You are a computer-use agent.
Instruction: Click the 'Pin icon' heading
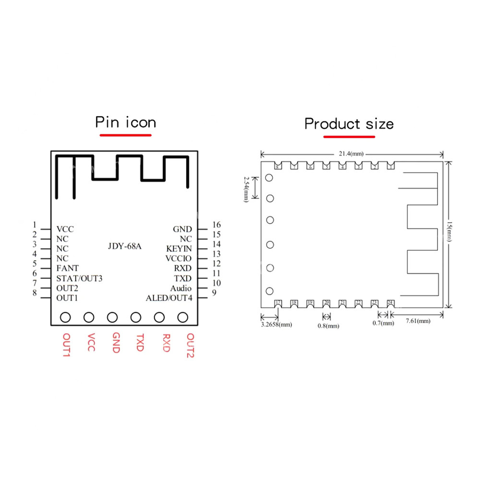pos(125,122)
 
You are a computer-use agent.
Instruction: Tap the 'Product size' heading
pos(349,124)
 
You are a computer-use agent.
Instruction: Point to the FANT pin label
pos(68,268)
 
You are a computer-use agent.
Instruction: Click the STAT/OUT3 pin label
pos(79,278)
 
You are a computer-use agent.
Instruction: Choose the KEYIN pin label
pos(179,249)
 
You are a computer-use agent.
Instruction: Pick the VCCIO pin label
pos(178,258)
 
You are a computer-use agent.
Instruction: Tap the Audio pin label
pos(180,288)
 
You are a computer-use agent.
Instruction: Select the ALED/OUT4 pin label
pos(169,298)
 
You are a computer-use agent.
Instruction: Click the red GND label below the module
pos(115,343)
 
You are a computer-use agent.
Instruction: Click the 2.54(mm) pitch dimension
pos(246,188)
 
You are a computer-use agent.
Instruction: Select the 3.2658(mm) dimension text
pos(276,324)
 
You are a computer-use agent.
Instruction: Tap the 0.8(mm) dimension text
pos(328,325)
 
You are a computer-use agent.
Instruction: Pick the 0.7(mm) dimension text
pos(383,323)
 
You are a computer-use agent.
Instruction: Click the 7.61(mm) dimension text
pos(417,321)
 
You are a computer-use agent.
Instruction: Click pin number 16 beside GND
pos(216,225)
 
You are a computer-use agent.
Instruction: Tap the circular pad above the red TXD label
pos(136,317)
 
